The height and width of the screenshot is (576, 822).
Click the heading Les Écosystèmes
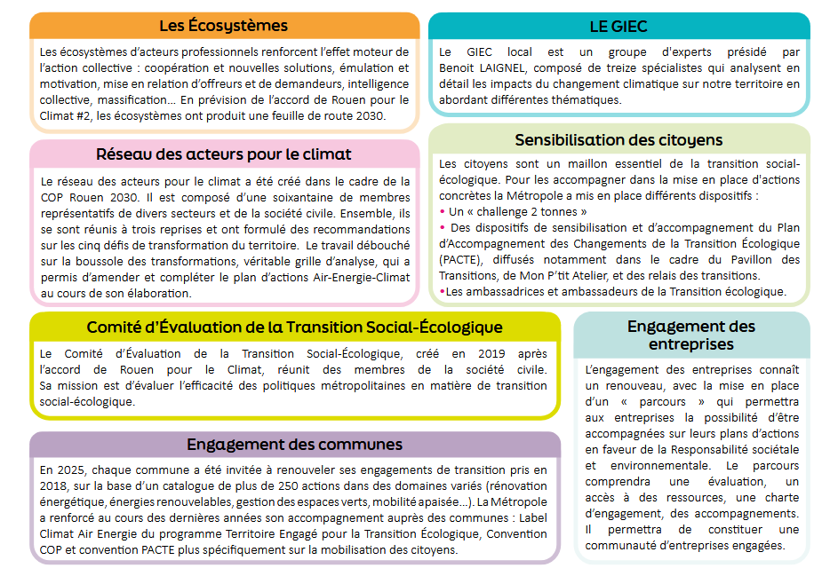click(x=223, y=25)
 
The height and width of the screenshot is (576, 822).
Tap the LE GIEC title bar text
click(x=618, y=26)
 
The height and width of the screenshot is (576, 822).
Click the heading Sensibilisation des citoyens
click(x=618, y=140)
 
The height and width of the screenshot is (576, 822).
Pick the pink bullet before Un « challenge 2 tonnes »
click(x=443, y=212)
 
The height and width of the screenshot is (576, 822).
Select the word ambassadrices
click(x=505, y=291)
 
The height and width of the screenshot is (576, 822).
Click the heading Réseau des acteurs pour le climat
click(x=223, y=154)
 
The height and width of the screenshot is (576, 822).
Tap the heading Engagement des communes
click(x=294, y=445)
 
